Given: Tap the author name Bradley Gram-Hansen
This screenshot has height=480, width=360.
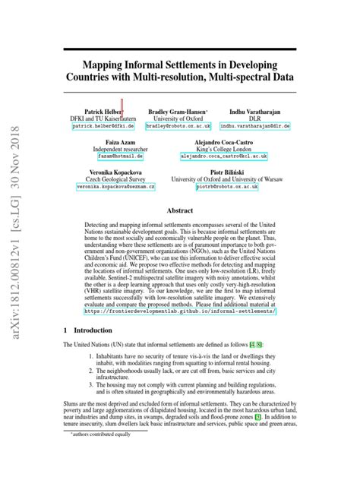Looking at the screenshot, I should [x=179, y=110].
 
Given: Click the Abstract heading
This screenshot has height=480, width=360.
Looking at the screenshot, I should [x=180, y=210].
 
